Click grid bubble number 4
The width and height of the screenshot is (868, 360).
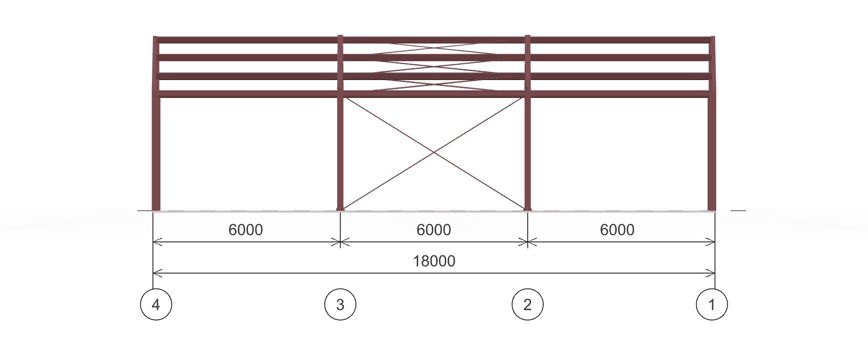pos(156,304)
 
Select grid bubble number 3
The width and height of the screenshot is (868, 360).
pos(340,304)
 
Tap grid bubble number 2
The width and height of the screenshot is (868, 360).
pos(528,304)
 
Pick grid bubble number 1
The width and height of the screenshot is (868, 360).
pos(712,304)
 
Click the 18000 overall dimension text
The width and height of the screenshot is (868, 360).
pos(434,261)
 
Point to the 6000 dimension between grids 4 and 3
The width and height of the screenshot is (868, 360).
pos(245,229)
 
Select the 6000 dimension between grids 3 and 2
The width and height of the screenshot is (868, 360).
pos(434,229)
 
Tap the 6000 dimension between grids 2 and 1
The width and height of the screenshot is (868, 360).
pos(617,229)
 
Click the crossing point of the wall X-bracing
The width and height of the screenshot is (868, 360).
pos(434,152)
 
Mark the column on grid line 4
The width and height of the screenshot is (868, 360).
pos(155,123)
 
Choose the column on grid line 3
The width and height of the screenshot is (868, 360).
pos(340,123)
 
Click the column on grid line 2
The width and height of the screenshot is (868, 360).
pos(528,123)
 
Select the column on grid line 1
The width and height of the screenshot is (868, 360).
pos(712,123)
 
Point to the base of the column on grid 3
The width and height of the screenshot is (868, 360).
pos(340,209)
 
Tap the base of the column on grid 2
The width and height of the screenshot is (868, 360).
pos(528,209)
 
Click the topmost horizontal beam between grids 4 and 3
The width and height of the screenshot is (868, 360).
pos(247,40)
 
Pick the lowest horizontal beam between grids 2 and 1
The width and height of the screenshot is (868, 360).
pos(620,94)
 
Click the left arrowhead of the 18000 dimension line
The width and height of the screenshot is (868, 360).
pos(156,273)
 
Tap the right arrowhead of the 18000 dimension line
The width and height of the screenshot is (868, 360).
pos(711,273)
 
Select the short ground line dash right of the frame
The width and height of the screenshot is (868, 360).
pos(738,210)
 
